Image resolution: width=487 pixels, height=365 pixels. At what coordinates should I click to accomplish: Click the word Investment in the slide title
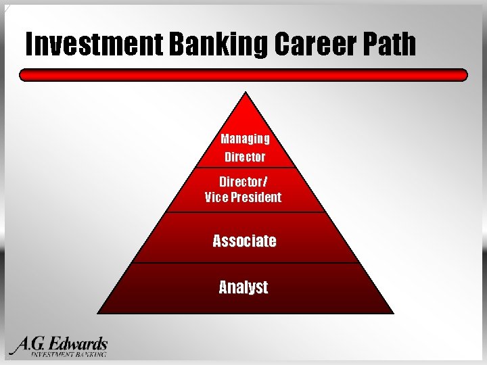94,45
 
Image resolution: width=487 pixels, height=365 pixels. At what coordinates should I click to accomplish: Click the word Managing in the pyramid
245,139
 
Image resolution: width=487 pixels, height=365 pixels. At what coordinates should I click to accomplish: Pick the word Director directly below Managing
245,157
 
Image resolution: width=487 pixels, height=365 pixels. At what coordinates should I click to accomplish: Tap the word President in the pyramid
256,197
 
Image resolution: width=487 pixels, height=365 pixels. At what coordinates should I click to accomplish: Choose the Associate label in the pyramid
244,241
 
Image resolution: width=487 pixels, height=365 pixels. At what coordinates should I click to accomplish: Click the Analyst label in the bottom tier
243,287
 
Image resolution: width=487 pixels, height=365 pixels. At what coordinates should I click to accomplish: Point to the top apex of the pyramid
246,93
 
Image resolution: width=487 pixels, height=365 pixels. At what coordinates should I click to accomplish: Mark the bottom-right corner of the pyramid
392,313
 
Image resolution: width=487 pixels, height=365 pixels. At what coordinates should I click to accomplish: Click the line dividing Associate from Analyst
245,263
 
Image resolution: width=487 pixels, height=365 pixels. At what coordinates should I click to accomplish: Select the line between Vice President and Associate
245,212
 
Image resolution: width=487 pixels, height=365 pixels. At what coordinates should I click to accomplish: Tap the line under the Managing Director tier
245,167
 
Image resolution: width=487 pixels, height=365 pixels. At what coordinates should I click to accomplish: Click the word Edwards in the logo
78,343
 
